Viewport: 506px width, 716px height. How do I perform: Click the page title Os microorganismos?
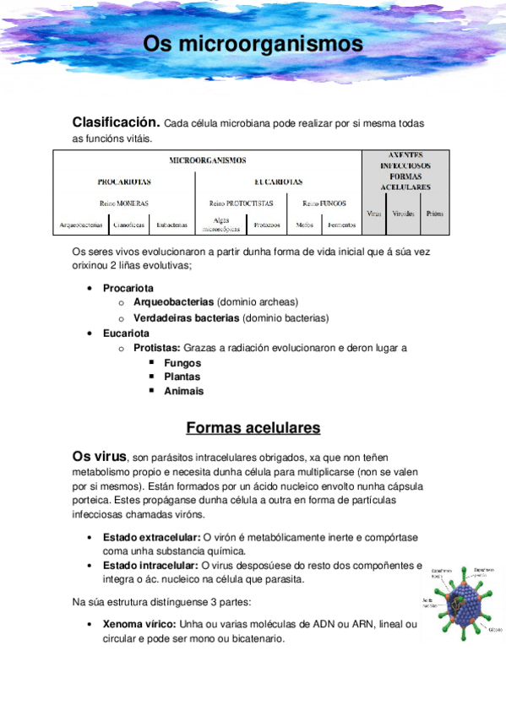click(x=253, y=43)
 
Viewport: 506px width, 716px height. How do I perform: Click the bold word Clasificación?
click(x=116, y=122)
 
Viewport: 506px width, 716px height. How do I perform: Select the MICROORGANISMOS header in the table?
click(x=207, y=160)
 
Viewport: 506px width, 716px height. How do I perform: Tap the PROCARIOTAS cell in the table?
click(x=123, y=182)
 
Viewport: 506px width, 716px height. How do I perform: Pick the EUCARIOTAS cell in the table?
click(x=278, y=182)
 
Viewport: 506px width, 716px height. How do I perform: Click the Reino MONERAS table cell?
click(x=123, y=203)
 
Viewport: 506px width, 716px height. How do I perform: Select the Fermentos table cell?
click(x=341, y=225)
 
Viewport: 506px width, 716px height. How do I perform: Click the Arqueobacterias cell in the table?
click(x=82, y=225)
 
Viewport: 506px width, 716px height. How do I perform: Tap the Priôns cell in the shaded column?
click(x=434, y=214)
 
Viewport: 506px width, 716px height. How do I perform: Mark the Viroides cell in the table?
click(x=404, y=214)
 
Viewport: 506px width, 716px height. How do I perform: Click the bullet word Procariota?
click(x=128, y=288)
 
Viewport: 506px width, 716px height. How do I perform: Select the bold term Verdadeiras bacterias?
click(x=186, y=317)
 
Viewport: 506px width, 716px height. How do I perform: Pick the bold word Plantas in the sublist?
click(x=182, y=377)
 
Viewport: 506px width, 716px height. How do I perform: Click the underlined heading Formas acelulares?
click(x=253, y=427)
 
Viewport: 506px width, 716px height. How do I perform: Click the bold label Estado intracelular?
click(x=151, y=565)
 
